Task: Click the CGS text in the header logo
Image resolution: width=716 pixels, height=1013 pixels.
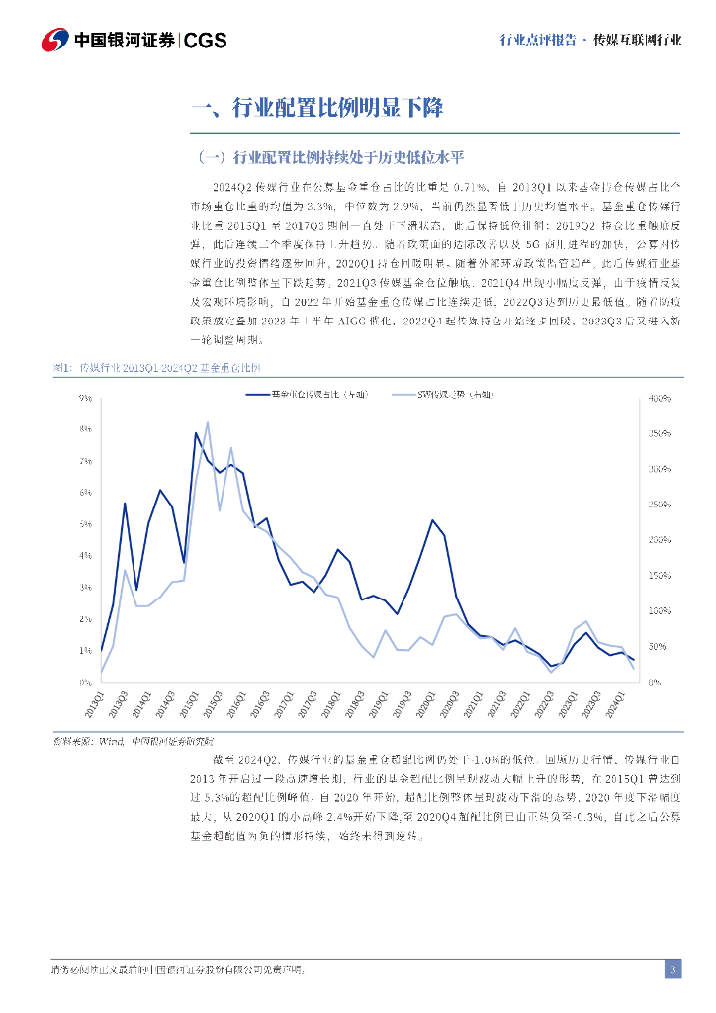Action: [206, 40]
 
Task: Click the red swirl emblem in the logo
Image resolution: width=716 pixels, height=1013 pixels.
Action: [55, 40]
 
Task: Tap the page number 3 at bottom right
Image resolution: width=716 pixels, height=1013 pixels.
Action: [672, 969]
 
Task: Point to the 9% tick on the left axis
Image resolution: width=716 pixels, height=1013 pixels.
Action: [86, 398]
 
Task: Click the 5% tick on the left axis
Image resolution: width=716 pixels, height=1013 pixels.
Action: [86, 524]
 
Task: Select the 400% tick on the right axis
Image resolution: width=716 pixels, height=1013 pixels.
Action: [659, 398]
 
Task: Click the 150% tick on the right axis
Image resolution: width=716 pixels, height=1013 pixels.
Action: [659, 576]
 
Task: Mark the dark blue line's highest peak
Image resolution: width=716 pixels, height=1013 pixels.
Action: [196, 432]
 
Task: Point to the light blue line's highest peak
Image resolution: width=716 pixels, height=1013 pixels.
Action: [208, 422]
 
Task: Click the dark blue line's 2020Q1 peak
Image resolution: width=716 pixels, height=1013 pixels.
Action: [432, 519]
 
